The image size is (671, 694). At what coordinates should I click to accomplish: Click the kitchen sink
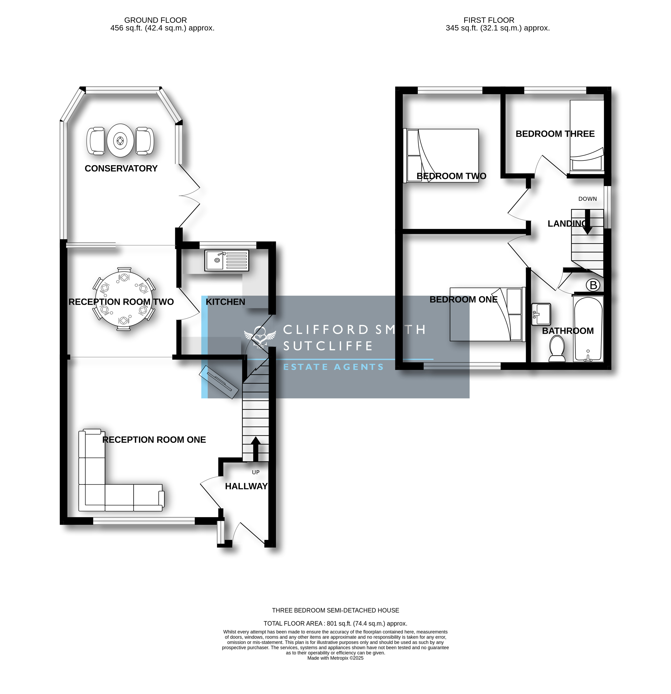[227, 261]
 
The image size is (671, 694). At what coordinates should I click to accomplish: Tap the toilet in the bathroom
[557, 349]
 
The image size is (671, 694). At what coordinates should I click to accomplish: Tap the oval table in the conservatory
[120, 141]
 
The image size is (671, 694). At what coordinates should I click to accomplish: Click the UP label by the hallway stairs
[256, 472]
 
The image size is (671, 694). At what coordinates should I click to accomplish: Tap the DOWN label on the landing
[587, 199]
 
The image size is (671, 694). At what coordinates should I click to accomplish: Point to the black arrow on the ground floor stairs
[255, 449]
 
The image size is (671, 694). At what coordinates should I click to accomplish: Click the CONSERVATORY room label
[121, 169]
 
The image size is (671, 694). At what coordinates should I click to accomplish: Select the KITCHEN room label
[226, 302]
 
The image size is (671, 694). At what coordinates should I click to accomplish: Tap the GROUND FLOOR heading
[156, 20]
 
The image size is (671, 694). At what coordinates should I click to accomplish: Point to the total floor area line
[335, 624]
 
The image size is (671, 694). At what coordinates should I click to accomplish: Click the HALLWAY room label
[246, 486]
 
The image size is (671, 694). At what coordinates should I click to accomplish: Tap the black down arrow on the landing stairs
[587, 222]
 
